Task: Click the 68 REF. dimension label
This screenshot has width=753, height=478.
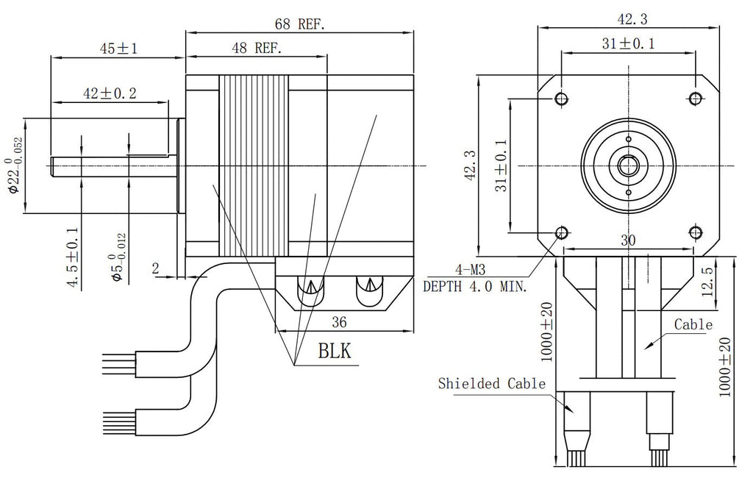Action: coord(300,24)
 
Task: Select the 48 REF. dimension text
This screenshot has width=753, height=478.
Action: coord(257,49)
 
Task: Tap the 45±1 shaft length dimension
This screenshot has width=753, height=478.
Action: coord(119,49)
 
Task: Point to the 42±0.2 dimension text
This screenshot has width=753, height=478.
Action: coord(110,93)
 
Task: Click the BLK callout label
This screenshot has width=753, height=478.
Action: coord(335,352)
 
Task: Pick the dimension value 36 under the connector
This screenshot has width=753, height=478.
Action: coord(339,321)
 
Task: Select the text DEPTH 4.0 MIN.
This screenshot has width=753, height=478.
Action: coord(474,287)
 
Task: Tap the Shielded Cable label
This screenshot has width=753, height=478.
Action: coord(492,383)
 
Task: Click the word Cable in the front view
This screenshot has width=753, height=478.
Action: coord(693,324)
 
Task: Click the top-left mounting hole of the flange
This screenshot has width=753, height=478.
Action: coord(563,99)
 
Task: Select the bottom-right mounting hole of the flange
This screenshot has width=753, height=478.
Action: coord(696,232)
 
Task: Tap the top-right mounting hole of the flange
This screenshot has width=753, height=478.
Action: coord(696,99)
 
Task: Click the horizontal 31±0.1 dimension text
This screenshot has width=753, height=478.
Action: coord(629,43)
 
